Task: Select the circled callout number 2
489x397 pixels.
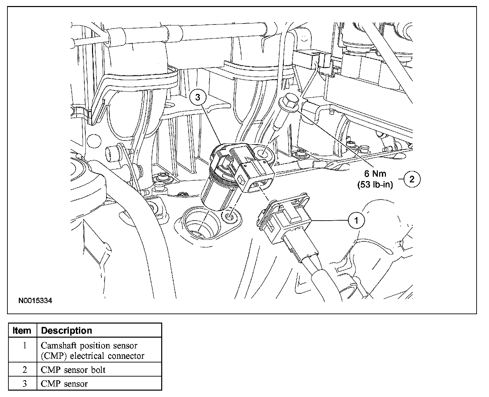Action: pyautogui.click(x=412, y=179)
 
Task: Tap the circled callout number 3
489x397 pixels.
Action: pyautogui.click(x=197, y=98)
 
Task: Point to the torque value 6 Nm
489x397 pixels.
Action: pyautogui.click(x=375, y=174)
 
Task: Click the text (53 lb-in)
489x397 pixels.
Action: pyautogui.click(x=375, y=184)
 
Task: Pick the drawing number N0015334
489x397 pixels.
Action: pyautogui.click(x=35, y=301)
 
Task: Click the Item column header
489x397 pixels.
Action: pyautogui.click(x=22, y=331)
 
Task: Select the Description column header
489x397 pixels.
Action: pyautogui.click(x=66, y=331)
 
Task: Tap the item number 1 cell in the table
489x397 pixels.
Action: pyautogui.click(x=24, y=345)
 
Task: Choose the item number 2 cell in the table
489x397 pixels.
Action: pyautogui.click(x=24, y=370)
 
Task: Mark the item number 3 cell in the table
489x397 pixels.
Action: pyautogui.click(x=24, y=384)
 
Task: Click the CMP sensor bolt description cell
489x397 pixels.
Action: pyautogui.click(x=73, y=370)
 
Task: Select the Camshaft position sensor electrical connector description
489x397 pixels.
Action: pyautogui.click(x=92, y=350)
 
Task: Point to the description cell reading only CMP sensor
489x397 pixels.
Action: pyautogui.click(x=64, y=384)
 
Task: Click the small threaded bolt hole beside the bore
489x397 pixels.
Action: pyautogui.click(x=230, y=217)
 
